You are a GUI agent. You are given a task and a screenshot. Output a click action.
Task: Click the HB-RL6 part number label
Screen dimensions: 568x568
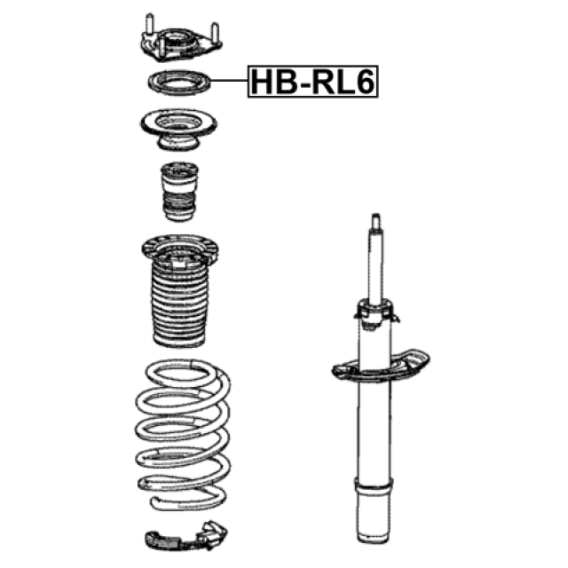pos(312,82)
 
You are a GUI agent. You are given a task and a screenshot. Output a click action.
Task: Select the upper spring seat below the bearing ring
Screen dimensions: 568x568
pos(177,127)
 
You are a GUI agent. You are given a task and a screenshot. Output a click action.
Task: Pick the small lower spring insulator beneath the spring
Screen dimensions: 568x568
pos(177,538)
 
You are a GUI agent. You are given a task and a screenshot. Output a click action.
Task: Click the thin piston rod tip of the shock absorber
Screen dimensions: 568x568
pos(377,222)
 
